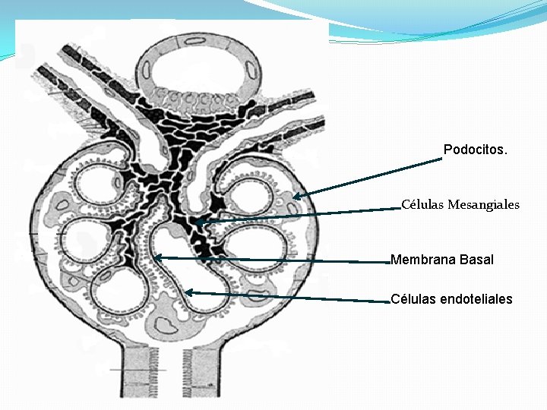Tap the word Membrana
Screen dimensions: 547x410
[422, 260]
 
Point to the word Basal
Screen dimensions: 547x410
[476, 260]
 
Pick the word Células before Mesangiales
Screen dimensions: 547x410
[422, 204]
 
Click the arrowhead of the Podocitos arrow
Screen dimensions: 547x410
[296, 197]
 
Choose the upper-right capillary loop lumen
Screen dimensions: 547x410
[255, 191]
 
